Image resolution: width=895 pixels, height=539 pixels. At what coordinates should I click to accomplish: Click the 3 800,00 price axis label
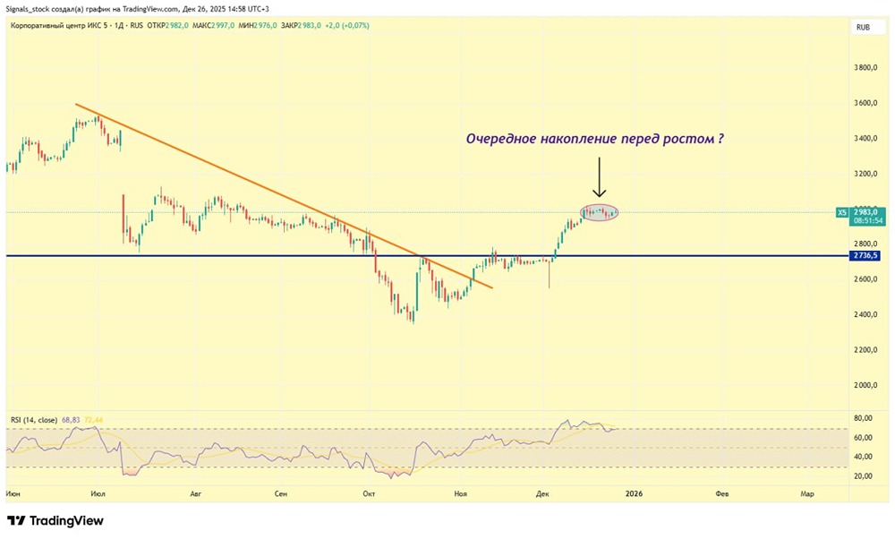(866, 68)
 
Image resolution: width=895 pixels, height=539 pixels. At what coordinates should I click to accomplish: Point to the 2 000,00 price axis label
(866, 385)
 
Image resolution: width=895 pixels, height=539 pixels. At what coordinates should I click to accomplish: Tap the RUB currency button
(864, 28)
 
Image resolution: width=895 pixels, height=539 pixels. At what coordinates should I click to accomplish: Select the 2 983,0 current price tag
(866, 212)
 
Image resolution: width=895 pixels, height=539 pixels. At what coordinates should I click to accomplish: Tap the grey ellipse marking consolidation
(600, 212)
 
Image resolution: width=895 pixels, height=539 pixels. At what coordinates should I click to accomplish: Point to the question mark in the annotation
(720, 140)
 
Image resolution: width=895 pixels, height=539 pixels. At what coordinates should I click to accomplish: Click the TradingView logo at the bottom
(55, 520)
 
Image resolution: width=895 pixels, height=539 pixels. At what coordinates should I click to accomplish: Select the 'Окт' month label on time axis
(368, 493)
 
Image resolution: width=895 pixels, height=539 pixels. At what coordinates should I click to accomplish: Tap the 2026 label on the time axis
(634, 493)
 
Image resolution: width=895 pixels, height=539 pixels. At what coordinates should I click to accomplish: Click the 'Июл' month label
(98, 493)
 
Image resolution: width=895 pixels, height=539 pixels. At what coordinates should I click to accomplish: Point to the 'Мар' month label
(806, 493)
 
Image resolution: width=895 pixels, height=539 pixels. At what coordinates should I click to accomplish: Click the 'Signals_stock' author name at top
(32, 8)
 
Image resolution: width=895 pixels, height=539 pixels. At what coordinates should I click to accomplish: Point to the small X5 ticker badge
(841, 213)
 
